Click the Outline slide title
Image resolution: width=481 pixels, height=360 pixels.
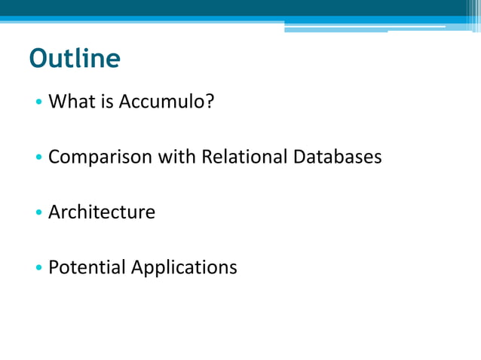tap(75, 59)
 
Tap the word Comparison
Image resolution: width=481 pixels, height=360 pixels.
tap(100, 157)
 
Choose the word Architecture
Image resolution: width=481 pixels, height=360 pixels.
tap(102, 212)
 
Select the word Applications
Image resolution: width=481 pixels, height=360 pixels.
tap(184, 267)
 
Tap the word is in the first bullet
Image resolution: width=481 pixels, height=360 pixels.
tap(106, 102)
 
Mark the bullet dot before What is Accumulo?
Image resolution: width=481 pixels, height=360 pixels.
tap(38, 102)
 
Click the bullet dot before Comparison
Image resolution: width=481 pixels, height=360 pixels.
tap(38, 158)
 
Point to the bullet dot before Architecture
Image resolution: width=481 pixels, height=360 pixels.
tap(38, 213)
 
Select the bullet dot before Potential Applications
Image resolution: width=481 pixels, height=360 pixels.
tap(38, 268)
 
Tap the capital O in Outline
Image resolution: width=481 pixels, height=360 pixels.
tap(38, 59)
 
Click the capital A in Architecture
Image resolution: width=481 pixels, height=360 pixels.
tap(54, 212)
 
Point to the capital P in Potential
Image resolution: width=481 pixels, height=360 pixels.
tap(54, 267)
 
